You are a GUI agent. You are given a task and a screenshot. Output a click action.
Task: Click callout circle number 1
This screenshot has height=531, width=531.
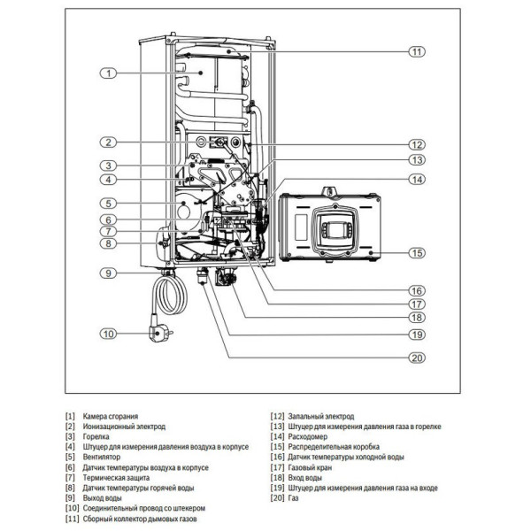point(108,73)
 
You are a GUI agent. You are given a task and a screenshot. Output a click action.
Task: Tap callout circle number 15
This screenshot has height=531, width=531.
point(417,253)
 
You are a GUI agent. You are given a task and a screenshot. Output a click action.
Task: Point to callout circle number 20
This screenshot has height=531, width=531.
point(417,358)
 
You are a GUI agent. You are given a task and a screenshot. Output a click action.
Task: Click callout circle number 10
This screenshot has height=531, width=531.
point(108,334)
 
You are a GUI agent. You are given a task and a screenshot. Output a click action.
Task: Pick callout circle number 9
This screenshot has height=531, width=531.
point(108,273)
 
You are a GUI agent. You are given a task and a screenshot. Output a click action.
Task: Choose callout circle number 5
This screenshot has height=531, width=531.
point(108,203)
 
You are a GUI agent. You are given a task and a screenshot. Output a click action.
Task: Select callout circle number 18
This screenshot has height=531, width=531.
point(417,317)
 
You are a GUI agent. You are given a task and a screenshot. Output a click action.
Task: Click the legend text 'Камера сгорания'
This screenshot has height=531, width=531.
point(111,415)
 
